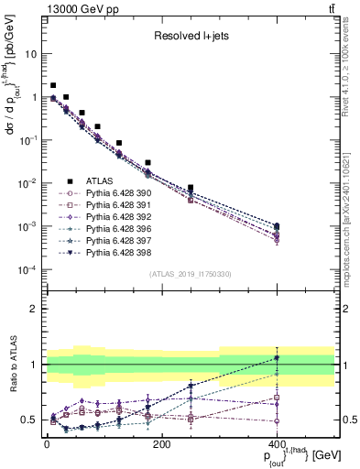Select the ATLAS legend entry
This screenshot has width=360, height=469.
tap(101, 181)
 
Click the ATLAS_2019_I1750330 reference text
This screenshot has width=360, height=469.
tap(191, 274)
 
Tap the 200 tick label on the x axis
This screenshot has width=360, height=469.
tap(161, 445)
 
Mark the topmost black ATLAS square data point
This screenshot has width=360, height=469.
tap(53, 85)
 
